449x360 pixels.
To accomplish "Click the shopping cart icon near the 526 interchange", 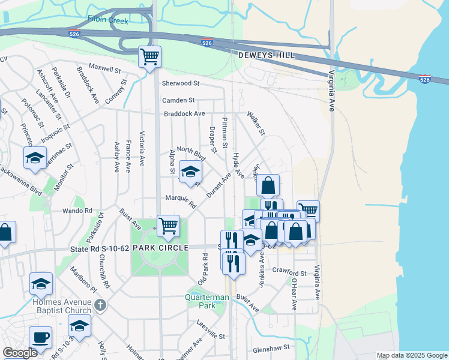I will pyautogui.click(x=149, y=58).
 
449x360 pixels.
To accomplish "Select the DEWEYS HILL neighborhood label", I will pyautogui.click(x=265, y=55).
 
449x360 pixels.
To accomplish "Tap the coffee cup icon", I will pyautogui.click(x=40, y=337).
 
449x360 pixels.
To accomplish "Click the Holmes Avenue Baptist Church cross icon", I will pyautogui.click(x=100, y=305).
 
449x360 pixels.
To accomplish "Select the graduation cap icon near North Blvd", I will pyautogui.click(x=191, y=172).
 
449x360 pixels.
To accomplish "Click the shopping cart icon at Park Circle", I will pyautogui.click(x=168, y=226).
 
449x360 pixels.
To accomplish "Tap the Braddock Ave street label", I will pyautogui.click(x=185, y=113).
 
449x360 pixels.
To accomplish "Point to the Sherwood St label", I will pyautogui.click(x=180, y=83).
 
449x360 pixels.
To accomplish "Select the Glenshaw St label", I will pyautogui.click(x=271, y=347).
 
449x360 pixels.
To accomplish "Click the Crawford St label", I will pyautogui.click(x=289, y=272).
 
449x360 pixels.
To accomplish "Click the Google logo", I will pyautogui.click(x=20, y=353).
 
